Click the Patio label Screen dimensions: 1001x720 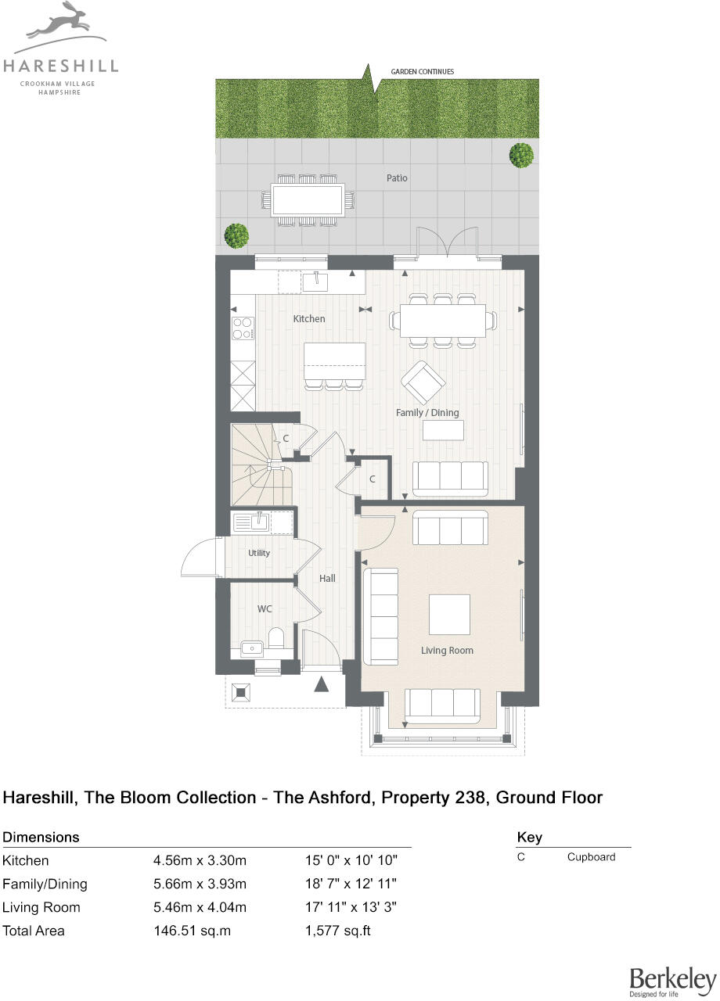coord(397,178)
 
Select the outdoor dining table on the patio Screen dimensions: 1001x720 coord(308,199)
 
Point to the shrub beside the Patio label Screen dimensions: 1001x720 coord(521,155)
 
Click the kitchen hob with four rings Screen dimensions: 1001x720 coord(243,328)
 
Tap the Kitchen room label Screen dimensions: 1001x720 coord(308,319)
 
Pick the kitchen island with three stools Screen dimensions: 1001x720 coord(335,361)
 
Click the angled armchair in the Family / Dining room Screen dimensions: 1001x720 coord(423,382)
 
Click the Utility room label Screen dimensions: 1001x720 coord(259,553)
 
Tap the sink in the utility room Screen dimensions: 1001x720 coord(250,522)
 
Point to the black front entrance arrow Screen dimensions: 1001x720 coord(322,685)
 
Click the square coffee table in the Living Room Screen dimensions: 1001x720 coord(449,614)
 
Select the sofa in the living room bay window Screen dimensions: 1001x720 coord(442,705)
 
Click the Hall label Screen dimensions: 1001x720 coord(327,579)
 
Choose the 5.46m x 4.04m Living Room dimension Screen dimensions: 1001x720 coord(200,907)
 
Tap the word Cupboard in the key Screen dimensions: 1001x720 coord(591,857)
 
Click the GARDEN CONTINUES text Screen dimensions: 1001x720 coord(422,72)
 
